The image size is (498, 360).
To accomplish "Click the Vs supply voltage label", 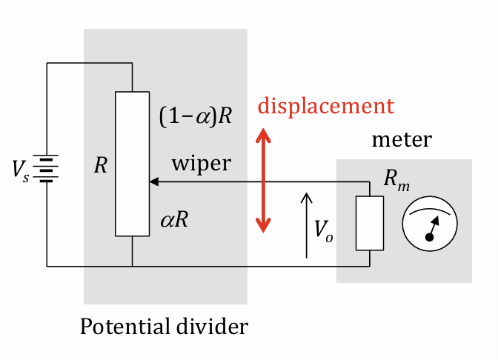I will coord(20,170).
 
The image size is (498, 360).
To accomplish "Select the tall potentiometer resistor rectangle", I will coord(132,162).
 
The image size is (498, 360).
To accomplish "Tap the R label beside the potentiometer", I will coord(101,165).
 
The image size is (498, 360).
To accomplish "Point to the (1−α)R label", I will coord(196,116).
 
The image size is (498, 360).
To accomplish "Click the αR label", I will coord(175,220).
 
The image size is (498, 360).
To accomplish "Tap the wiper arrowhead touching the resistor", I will coord(153,181).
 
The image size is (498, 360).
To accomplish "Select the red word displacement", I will coord(325,106).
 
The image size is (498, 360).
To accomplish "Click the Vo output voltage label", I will coord(323,230).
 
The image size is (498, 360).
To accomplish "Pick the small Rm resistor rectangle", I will coord(369,223).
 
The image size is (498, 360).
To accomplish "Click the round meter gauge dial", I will coord(430,223).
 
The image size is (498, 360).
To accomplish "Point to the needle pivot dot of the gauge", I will coord(428,236).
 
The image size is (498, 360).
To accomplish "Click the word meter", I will coord(401,140).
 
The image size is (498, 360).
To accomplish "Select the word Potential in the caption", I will coord(121,327).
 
